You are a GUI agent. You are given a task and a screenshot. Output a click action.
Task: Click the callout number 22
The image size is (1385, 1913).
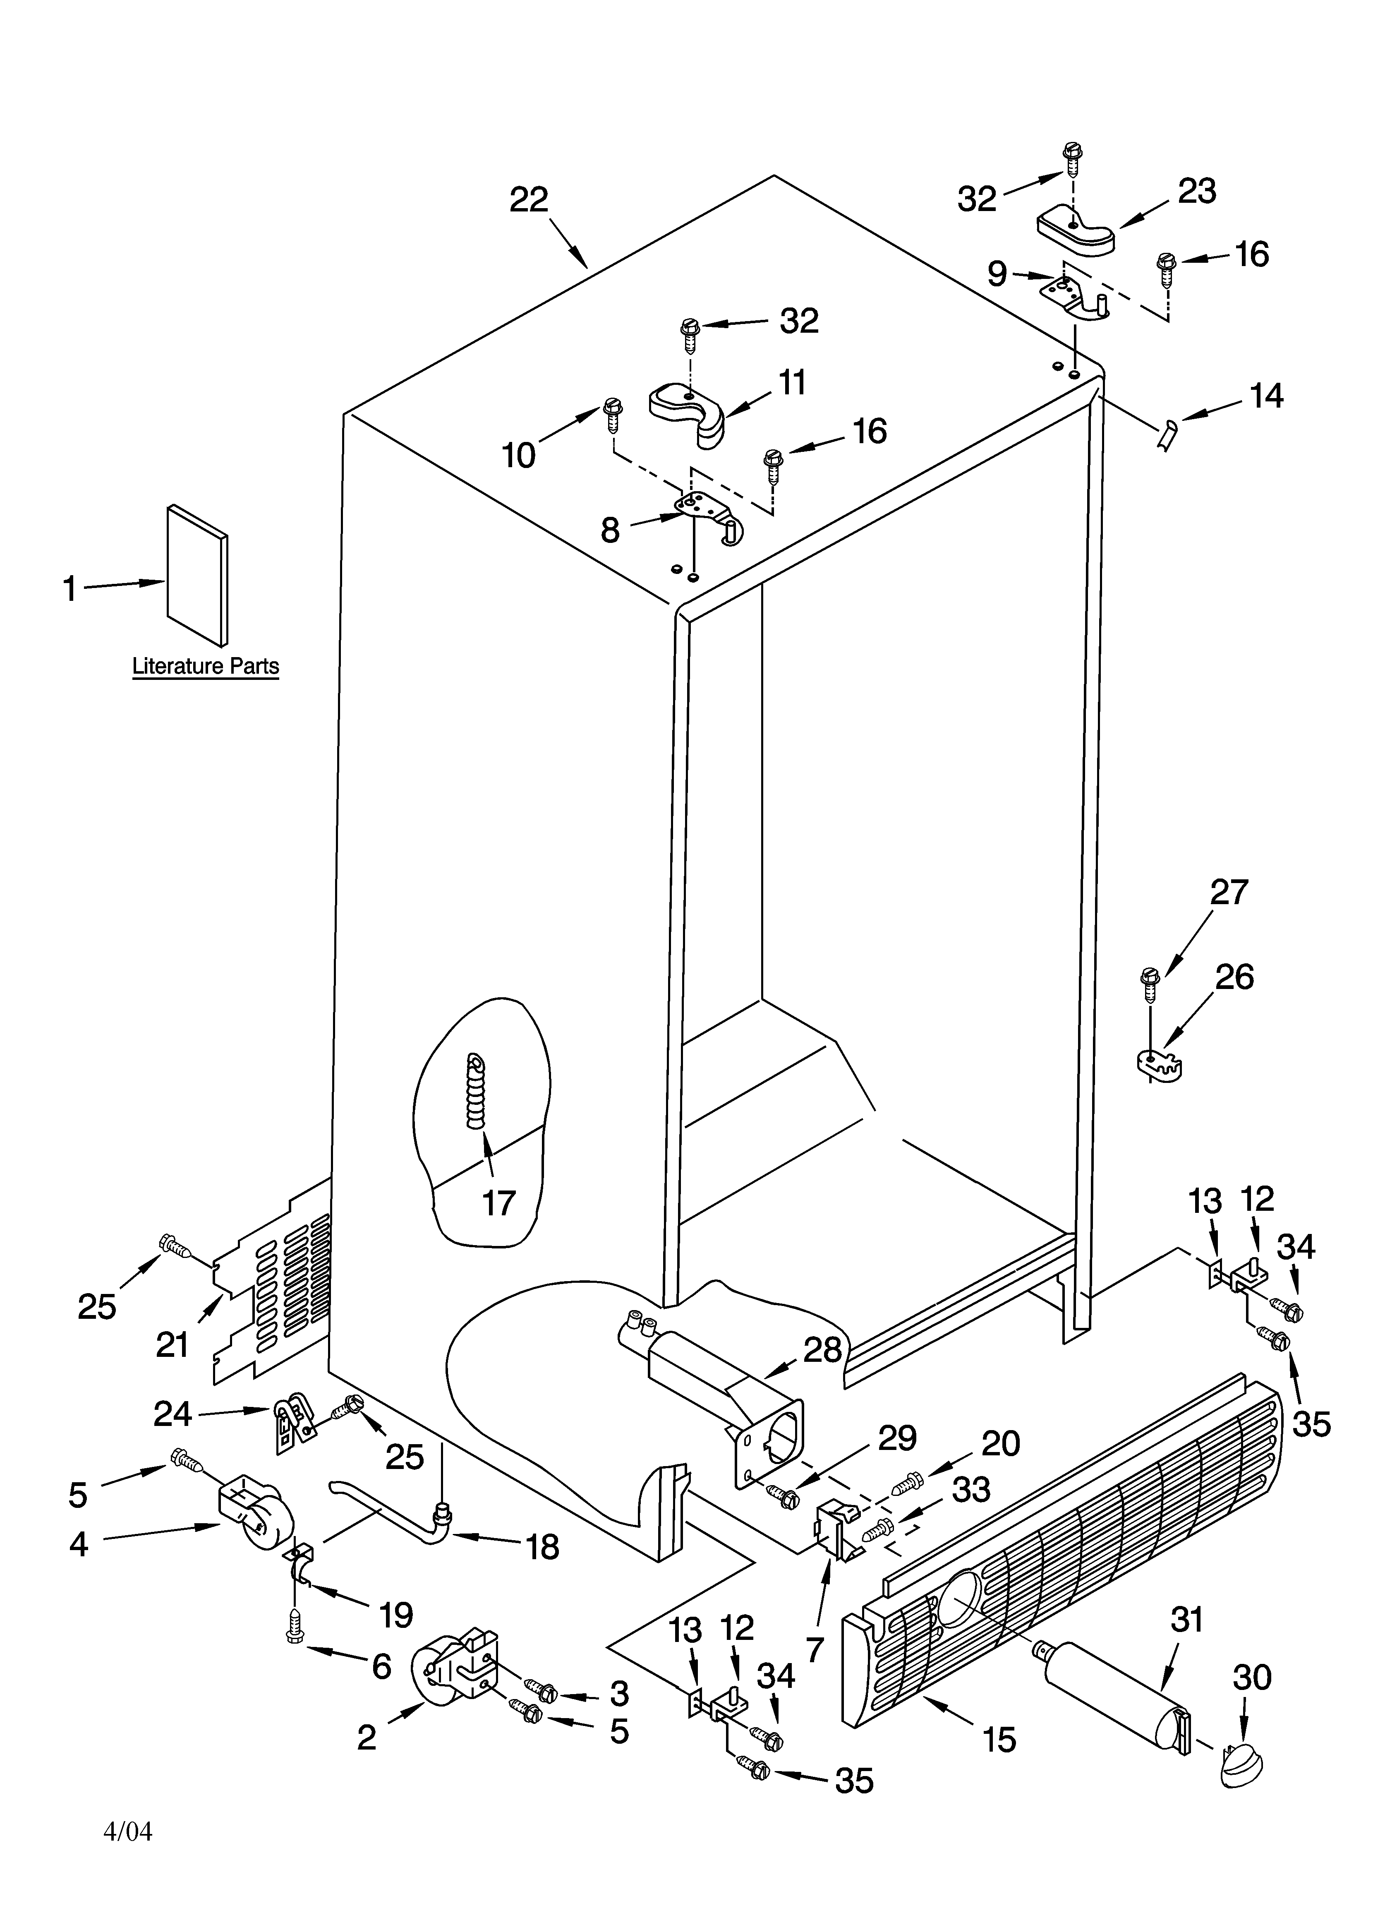coord(529,200)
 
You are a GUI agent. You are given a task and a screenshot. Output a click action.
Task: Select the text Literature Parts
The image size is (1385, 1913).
coord(205,666)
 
